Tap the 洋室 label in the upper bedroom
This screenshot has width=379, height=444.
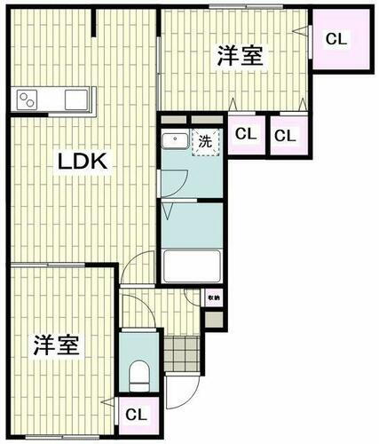click(x=240, y=55)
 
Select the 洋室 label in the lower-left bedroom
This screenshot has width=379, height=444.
click(x=57, y=345)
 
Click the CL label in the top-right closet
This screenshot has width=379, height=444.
click(x=336, y=39)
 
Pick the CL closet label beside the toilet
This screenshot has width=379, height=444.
click(x=136, y=415)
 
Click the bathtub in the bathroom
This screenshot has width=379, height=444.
click(x=192, y=265)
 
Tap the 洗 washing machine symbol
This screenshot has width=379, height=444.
click(x=205, y=141)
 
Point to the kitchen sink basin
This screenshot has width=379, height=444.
click(x=73, y=99)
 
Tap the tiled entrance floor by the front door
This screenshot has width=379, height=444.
click(x=181, y=353)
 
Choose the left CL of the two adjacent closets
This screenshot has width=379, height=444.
click(x=247, y=136)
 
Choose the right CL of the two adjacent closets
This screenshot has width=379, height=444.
click(x=284, y=136)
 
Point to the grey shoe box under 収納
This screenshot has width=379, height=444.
click(x=214, y=321)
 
